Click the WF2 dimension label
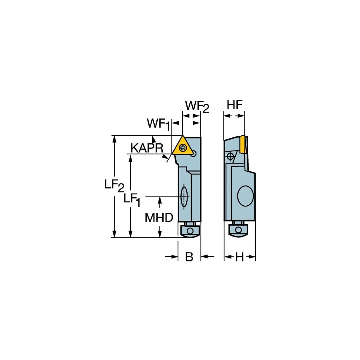pyautogui.click(x=197, y=107)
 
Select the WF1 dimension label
pyautogui.click(x=159, y=124)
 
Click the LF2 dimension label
pyautogui.click(x=114, y=185)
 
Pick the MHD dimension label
pyautogui.click(x=159, y=218)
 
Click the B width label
pyautogui.click(x=189, y=257)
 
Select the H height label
pyautogui.click(x=239, y=257)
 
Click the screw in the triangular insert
pyautogui.click(x=183, y=148)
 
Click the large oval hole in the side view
pyautogui.click(x=245, y=196)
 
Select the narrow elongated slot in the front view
pyautogui.click(x=184, y=196)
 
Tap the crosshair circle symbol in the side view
pyautogui.click(x=230, y=156)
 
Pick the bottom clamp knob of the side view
pyautogui.click(x=238, y=230)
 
